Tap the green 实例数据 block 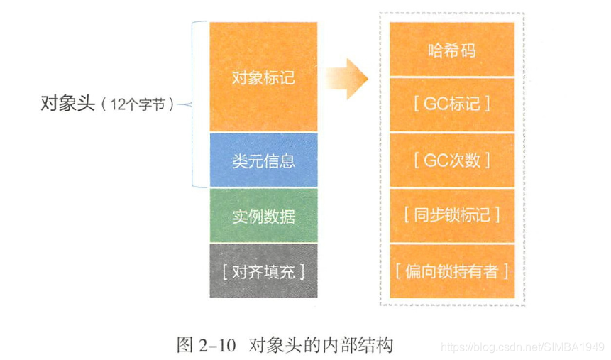(263, 215)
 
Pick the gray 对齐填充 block (263, 271)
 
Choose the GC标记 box (452, 104)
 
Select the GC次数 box (452, 160)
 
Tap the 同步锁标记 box (452, 214)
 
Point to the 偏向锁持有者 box (452, 271)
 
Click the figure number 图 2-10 (205, 346)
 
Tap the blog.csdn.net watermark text (522, 347)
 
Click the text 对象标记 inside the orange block (263, 77)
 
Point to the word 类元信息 (263, 160)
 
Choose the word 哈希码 (452, 50)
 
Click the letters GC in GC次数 (435, 160)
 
